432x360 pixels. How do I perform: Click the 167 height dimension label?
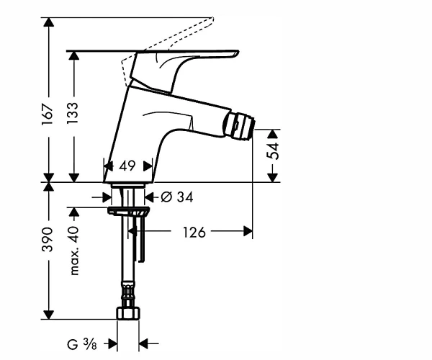pos(47,114)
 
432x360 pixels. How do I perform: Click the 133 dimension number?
pos(73,113)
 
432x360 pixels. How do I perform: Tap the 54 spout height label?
pos(274,151)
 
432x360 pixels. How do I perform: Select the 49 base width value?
pos(127,166)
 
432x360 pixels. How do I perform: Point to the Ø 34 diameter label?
pos(177,197)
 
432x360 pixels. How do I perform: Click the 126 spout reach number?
pos(194,232)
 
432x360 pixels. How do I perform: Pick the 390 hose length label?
pos(47,239)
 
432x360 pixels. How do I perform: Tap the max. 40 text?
pos(74,251)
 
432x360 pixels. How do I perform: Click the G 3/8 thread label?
pos(82,344)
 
